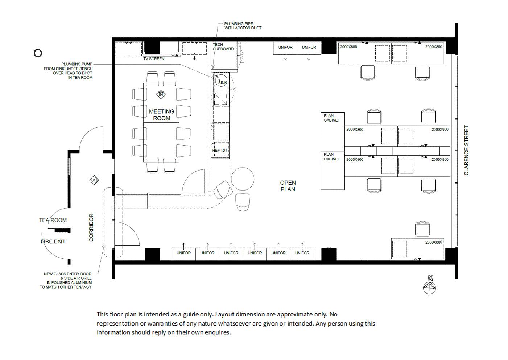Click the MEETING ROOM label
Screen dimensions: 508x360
[x=161, y=115]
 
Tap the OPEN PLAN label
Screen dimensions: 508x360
[x=288, y=186]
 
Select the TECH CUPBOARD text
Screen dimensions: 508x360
[x=223, y=46]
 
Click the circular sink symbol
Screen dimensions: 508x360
[x=221, y=80]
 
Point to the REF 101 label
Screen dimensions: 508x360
[x=219, y=150]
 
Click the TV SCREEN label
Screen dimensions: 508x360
[x=154, y=59]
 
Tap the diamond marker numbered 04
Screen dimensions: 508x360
[x=161, y=94]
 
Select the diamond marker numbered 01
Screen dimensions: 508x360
[x=94, y=180]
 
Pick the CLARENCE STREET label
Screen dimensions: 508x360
[x=466, y=150]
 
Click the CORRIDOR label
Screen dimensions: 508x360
[x=91, y=228]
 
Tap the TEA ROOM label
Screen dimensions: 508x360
[x=53, y=220]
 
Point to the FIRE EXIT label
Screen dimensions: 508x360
[x=53, y=241]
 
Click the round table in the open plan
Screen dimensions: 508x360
[x=243, y=179]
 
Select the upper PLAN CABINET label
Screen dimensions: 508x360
[x=332, y=118]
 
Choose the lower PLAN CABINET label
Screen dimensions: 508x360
[x=332, y=157]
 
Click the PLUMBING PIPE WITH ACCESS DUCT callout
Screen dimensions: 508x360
[x=243, y=26]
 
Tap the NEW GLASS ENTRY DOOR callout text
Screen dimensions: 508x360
[x=66, y=280]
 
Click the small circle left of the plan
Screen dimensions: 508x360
[x=38, y=53]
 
